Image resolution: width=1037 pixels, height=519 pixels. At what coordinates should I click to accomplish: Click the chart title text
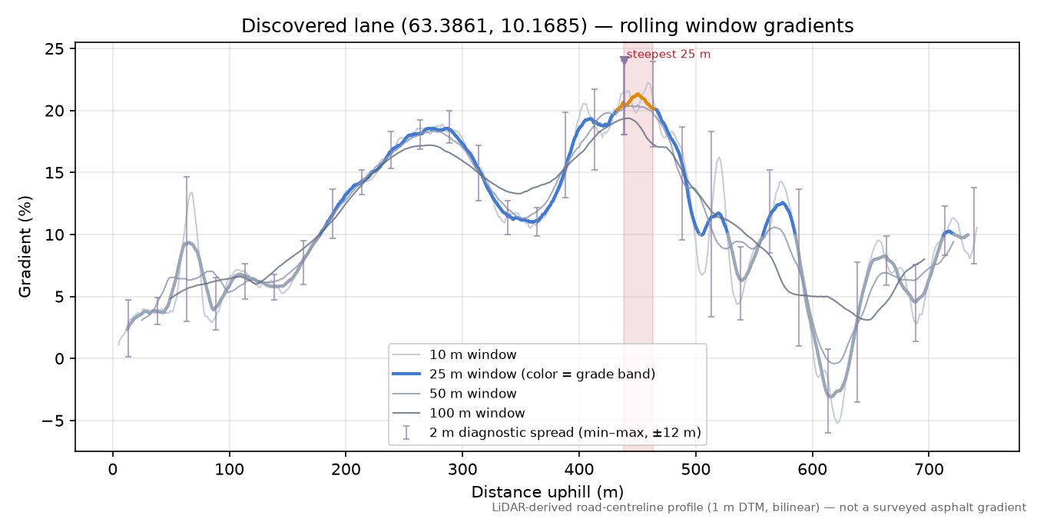[x=547, y=26]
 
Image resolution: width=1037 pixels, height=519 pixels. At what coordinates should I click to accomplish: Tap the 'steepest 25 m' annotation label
[x=668, y=55]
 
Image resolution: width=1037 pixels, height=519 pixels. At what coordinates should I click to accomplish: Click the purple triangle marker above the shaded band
[x=624, y=60]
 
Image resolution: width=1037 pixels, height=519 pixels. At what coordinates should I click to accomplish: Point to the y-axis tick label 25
[x=55, y=48]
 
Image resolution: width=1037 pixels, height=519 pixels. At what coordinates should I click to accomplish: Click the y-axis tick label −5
[x=52, y=421]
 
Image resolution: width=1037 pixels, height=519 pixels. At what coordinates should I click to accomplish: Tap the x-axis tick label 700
[x=929, y=470]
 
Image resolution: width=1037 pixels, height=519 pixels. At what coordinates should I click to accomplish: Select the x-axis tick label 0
[x=113, y=470]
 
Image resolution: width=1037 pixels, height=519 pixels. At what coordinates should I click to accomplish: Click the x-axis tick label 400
[x=579, y=470]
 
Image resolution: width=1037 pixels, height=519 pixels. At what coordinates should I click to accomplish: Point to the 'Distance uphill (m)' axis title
[x=547, y=492]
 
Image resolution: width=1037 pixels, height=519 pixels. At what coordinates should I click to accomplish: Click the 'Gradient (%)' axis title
[x=25, y=247]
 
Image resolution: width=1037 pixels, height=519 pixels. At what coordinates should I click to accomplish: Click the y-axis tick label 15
[x=55, y=172]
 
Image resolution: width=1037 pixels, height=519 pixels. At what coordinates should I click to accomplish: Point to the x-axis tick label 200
[x=346, y=470]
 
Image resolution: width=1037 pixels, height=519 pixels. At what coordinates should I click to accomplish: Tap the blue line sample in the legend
[x=406, y=374]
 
